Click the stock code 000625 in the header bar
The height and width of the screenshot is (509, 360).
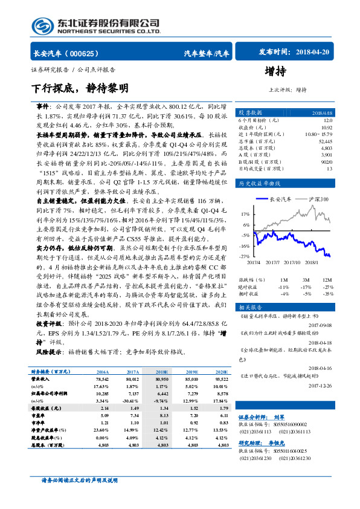[89, 53]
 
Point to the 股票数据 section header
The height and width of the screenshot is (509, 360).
[250, 112]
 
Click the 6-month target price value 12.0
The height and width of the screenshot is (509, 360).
[327, 120]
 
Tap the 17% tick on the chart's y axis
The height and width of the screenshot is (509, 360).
[245, 214]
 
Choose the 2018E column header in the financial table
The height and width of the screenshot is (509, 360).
[162, 372]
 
